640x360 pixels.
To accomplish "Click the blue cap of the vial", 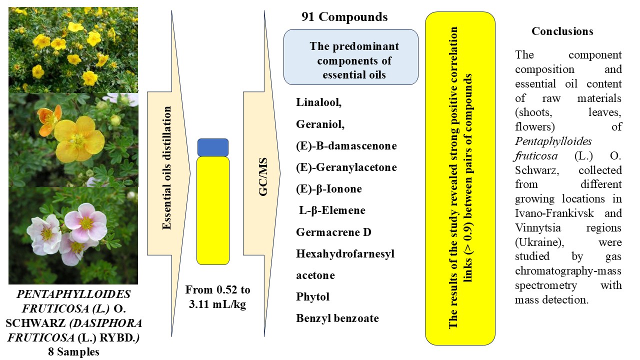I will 213,147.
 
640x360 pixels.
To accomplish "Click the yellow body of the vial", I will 213,210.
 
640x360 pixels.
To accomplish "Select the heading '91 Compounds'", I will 344,17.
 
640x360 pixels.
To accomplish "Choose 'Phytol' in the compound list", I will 313,296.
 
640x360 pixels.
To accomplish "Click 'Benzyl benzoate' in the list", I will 337,318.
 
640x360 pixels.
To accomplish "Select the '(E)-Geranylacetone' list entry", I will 346,167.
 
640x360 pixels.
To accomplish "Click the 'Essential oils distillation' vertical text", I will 167,167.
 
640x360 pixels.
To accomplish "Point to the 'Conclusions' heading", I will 562,31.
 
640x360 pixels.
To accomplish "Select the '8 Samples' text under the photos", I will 73,351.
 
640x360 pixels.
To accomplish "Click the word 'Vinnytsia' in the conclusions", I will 538,228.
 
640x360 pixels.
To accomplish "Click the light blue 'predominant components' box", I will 351,57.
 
